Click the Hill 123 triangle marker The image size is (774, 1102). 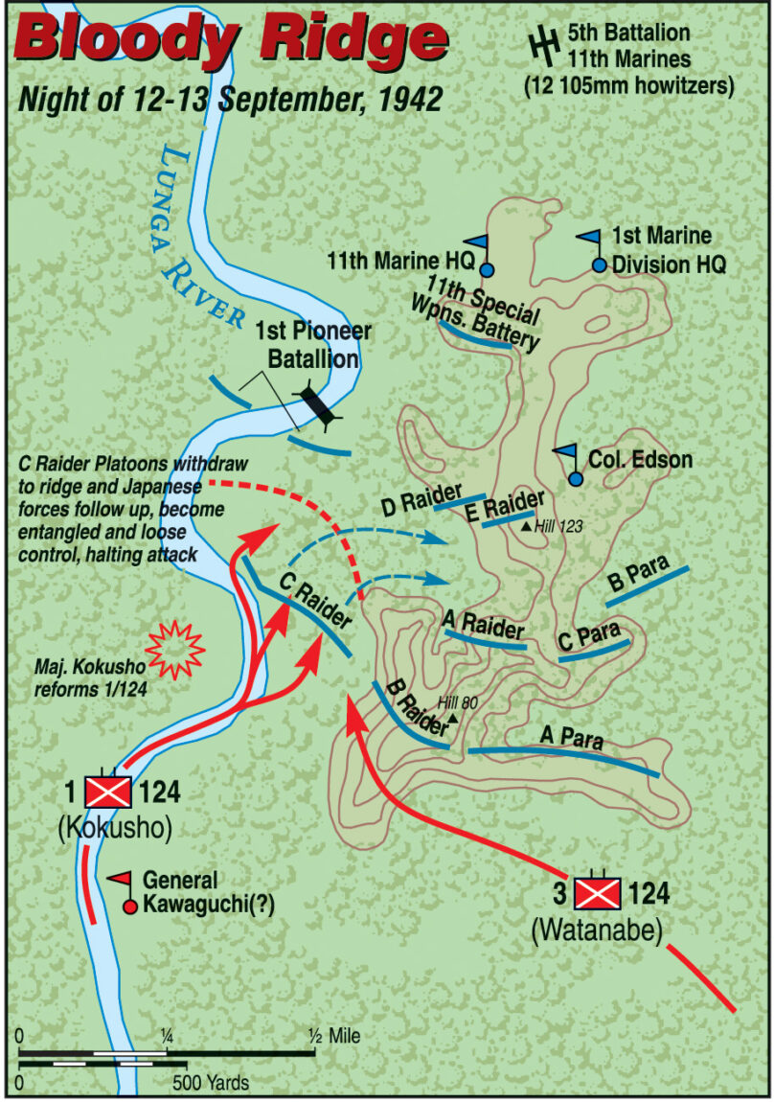(x=526, y=525)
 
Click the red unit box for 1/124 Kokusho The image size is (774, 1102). (x=109, y=792)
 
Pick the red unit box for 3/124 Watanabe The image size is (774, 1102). (x=599, y=893)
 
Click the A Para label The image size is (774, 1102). (x=566, y=736)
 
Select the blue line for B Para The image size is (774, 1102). (x=648, y=585)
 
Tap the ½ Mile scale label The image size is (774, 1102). (x=333, y=1036)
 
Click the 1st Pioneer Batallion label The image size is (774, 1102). (x=307, y=345)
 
